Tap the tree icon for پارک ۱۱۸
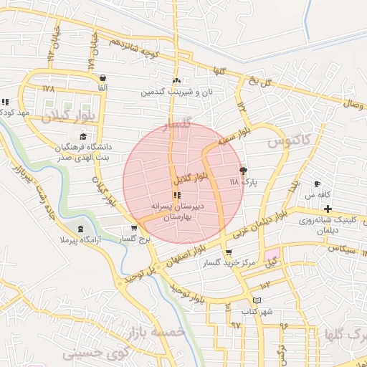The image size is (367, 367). pos(243,171)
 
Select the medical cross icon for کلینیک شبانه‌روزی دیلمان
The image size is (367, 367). pos(328,209)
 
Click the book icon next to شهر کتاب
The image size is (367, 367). pos(257,300)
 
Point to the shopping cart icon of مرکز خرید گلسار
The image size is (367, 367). pos(229,252)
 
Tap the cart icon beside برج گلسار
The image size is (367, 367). pos(133,228)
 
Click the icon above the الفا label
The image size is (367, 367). pos(103,77)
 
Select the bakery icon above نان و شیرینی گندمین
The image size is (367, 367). pos(177,81)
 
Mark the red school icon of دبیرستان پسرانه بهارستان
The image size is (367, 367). pos(176,195)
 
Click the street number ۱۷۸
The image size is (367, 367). pos(48,89)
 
